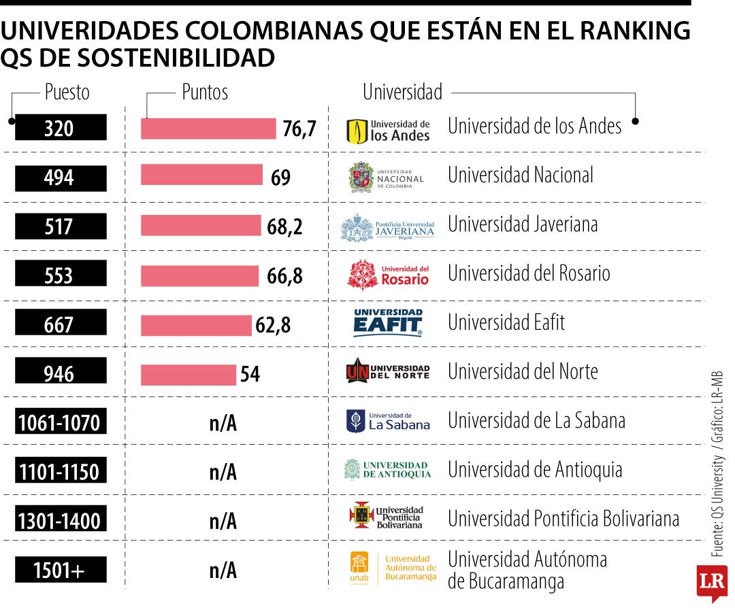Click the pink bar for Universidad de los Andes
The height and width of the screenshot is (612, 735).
[x=208, y=129]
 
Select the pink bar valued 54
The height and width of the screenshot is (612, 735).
[x=188, y=374]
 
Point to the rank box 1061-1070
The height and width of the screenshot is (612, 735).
[x=61, y=423]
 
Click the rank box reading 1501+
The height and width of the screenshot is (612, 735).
[x=61, y=571]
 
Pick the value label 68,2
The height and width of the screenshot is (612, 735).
[x=284, y=227]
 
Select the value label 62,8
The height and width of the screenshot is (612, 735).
[x=273, y=326]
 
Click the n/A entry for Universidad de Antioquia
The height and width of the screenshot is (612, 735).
[x=223, y=472]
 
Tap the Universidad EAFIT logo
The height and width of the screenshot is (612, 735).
[x=388, y=322]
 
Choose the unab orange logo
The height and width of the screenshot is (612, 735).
[x=359, y=568]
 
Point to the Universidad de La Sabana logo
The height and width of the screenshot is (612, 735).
[x=388, y=422]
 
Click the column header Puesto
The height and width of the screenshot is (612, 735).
[x=67, y=92]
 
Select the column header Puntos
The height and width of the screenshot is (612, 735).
[x=205, y=92]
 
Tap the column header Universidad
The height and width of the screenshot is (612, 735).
[x=402, y=92]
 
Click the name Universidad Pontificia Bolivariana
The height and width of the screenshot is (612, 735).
[x=563, y=519]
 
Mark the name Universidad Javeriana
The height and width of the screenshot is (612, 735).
[x=523, y=224]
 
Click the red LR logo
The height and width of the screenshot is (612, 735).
[x=711, y=582]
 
